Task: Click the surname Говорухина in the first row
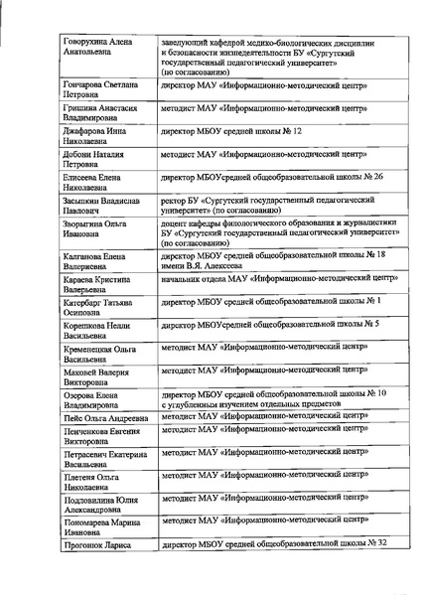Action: (90, 46)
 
